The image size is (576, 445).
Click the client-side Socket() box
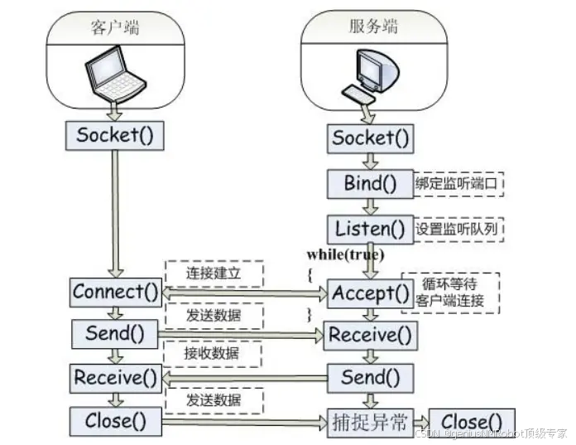(x=115, y=135)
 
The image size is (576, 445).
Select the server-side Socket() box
(x=371, y=138)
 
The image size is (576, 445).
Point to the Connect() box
(x=115, y=292)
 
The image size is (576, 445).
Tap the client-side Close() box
(x=115, y=420)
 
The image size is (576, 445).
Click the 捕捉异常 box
(x=369, y=421)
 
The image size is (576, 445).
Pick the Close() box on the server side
(x=472, y=422)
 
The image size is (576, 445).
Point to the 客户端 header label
(x=114, y=27)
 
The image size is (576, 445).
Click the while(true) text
(x=345, y=254)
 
